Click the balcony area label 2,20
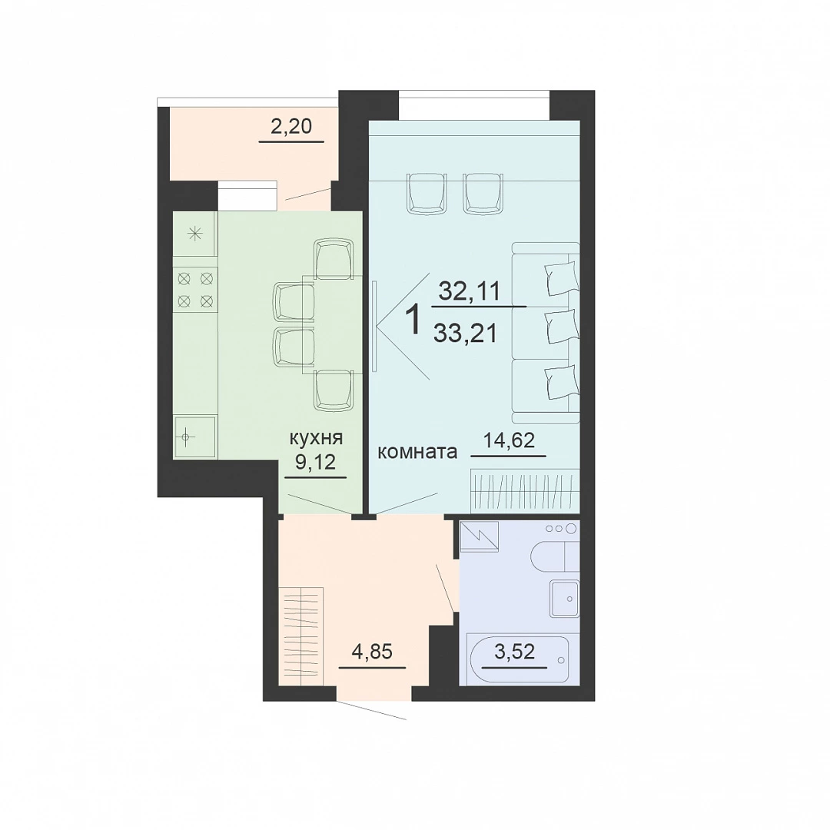tap(291, 127)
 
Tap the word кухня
tap(316, 438)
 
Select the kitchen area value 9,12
tap(316, 462)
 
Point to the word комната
tap(417, 452)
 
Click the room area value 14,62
tap(509, 440)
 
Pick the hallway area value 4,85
tap(372, 651)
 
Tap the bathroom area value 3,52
tap(514, 651)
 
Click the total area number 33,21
tap(465, 334)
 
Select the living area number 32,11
tap(470, 291)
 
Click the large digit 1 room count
tap(413, 320)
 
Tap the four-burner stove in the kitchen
tap(195, 289)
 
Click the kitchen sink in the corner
tap(194, 437)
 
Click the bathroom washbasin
tap(565, 598)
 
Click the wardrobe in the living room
tap(525, 490)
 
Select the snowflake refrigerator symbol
tap(195, 234)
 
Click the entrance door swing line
tap(372, 710)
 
